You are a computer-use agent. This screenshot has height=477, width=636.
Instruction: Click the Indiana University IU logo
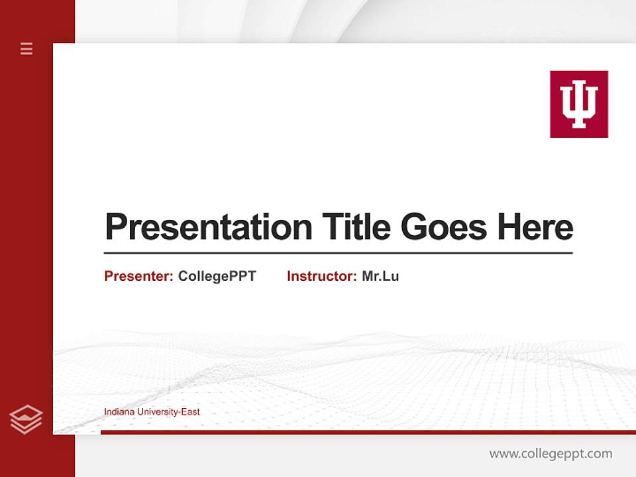[578, 104]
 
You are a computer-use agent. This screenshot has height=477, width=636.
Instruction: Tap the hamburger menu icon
[26, 48]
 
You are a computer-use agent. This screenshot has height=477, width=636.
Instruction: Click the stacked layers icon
[26, 419]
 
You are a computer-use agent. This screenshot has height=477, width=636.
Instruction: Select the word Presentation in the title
[208, 227]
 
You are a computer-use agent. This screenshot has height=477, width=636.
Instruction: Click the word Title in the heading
[356, 227]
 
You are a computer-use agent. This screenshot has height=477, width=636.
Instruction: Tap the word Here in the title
[535, 227]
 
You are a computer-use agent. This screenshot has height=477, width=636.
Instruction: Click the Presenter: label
[138, 276]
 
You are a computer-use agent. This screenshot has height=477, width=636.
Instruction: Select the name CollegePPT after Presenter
[217, 276]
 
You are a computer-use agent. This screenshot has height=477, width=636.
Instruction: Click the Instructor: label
[321, 276]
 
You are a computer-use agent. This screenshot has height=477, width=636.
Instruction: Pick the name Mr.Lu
[380, 276]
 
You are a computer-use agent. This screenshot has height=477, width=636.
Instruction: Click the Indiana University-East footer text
[152, 412]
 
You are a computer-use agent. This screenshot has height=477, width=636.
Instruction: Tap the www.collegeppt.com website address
[551, 454]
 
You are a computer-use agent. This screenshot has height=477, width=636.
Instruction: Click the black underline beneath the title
[338, 253]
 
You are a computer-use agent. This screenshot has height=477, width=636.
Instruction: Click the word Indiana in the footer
[118, 412]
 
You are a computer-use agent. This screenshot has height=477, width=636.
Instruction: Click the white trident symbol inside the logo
[578, 104]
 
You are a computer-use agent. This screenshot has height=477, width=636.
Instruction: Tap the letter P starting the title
[116, 227]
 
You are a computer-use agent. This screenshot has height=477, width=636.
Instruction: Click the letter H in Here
[508, 227]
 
